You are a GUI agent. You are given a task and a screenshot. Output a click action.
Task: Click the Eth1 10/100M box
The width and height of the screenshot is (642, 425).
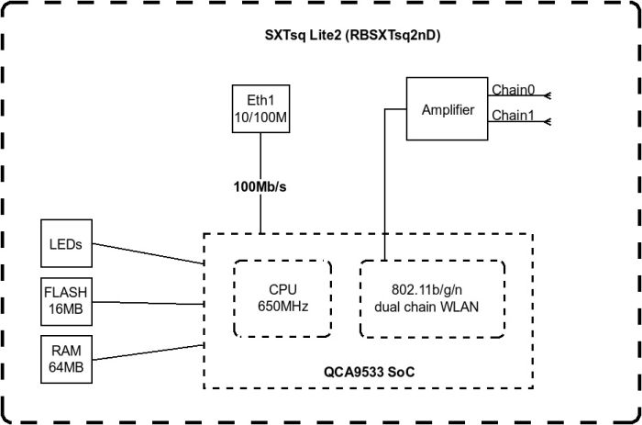[260, 108]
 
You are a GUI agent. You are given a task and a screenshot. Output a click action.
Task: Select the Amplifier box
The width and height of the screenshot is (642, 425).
[448, 110]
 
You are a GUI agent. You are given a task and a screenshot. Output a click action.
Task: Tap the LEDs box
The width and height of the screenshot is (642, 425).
[67, 243]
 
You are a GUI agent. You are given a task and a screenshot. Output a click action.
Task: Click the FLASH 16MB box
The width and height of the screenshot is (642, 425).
[67, 301]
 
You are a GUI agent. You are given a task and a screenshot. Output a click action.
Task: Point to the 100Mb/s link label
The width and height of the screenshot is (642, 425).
[260, 187]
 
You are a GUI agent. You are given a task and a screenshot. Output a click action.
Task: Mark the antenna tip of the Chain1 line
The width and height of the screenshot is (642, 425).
[547, 121]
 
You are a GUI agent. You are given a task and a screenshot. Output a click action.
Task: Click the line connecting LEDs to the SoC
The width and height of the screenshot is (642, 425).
[147, 253]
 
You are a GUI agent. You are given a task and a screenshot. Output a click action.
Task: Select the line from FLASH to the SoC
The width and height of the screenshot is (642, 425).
[147, 300]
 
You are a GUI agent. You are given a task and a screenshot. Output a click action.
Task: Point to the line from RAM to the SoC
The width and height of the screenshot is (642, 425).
[147, 352]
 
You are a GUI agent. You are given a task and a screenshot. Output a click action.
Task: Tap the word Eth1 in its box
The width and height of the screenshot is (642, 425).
[260, 100]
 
